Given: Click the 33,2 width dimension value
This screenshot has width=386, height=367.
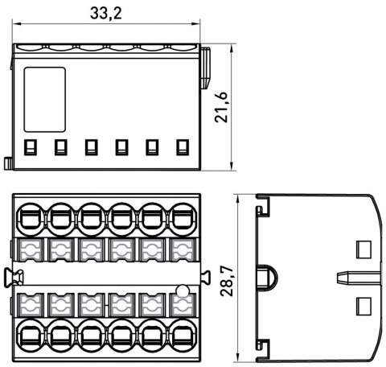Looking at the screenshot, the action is coord(106,13).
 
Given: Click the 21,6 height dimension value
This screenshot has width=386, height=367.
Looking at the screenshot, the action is coord(221,107).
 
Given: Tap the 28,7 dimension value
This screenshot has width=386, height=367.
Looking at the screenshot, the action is coord(227,281).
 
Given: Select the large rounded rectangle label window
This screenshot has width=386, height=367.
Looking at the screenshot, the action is coord(45,100).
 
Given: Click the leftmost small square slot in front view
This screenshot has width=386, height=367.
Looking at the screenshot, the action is coord(31,147).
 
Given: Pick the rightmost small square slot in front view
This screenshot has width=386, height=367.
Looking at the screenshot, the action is coord(183,147).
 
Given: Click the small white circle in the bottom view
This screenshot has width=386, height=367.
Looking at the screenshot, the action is coord(183,291).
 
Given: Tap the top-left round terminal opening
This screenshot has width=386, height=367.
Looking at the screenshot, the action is coord(31,220).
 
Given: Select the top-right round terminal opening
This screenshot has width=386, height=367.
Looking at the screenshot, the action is coord(183,220).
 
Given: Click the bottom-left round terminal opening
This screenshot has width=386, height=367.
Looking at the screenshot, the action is coord(31,335).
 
